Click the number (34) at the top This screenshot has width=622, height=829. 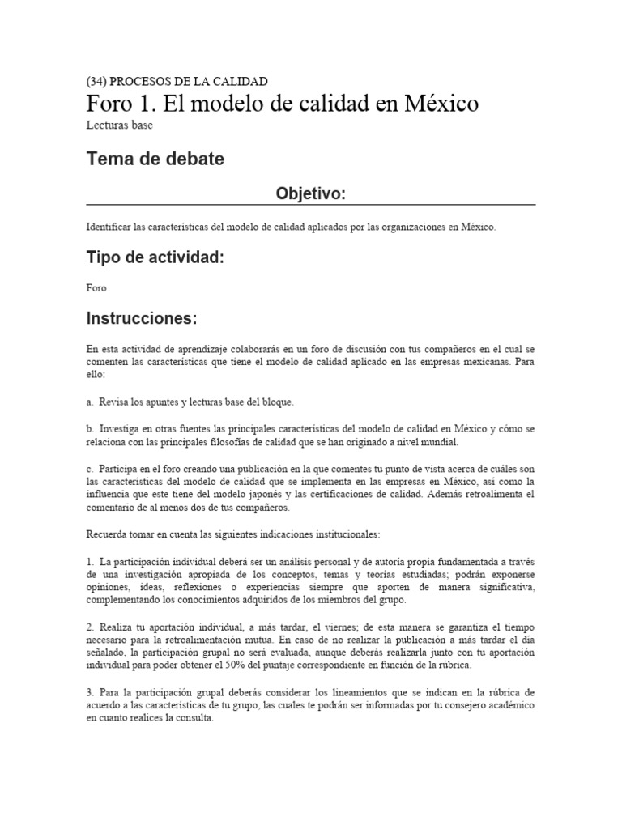(x=96, y=82)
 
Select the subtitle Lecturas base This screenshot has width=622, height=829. (x=119, y=125)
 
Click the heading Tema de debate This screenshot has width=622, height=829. (x=155, y=159)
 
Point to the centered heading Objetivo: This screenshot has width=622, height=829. (x=310, y=193)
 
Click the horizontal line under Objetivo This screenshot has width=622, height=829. (x=310, y=205)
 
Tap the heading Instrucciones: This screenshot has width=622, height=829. (x=142, y=318)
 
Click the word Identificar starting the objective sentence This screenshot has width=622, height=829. (x=108, y=227)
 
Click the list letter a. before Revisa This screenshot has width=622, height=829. (x=90, y=402)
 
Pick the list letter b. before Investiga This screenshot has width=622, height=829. (x=90, y=427)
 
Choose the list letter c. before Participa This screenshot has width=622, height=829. (x=90, y=469)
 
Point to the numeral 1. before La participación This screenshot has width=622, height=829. (x=90, y=561)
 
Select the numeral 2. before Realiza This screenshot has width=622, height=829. (x=90, y=628)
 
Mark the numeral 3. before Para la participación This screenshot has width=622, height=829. (x=90, y=693)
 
